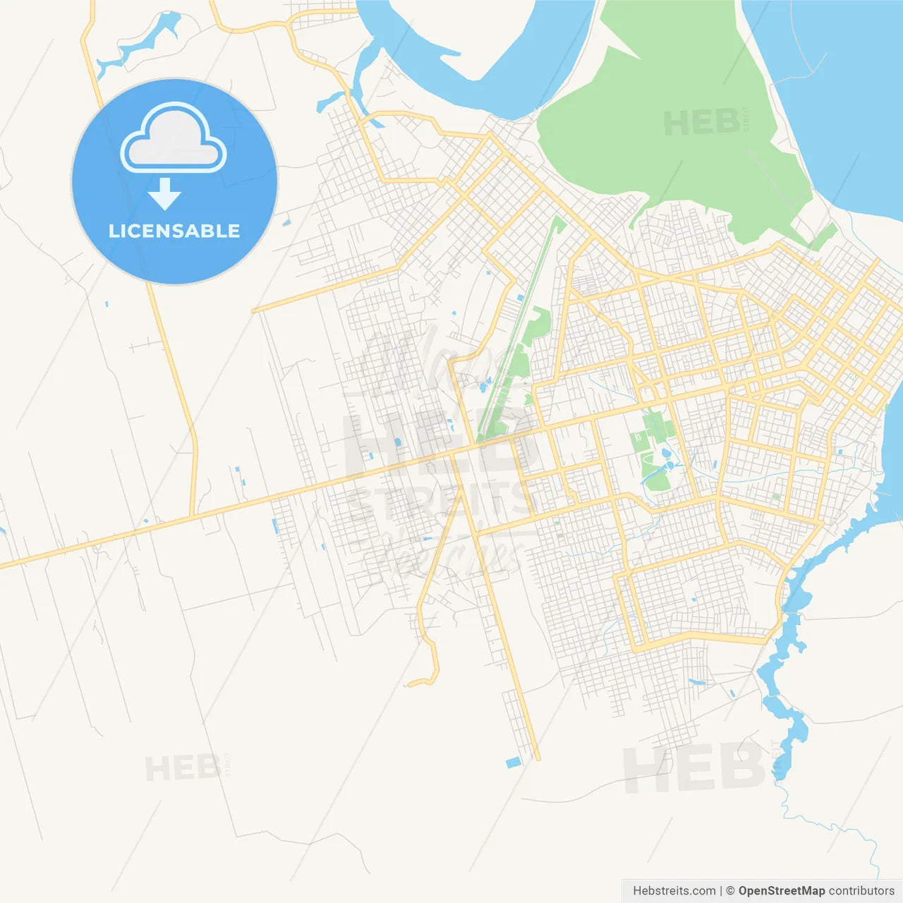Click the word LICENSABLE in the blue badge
tap(174, 231)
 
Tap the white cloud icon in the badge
tap(174, 140)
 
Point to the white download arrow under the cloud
tap(164, 194)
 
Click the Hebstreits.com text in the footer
tap(674, 891)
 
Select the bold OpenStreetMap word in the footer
tap(781, 891)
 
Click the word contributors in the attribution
tap(861, 891)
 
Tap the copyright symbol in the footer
tap(730, 891)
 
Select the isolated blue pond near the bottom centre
tap(513, 763)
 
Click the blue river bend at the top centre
tap(480, 71)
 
